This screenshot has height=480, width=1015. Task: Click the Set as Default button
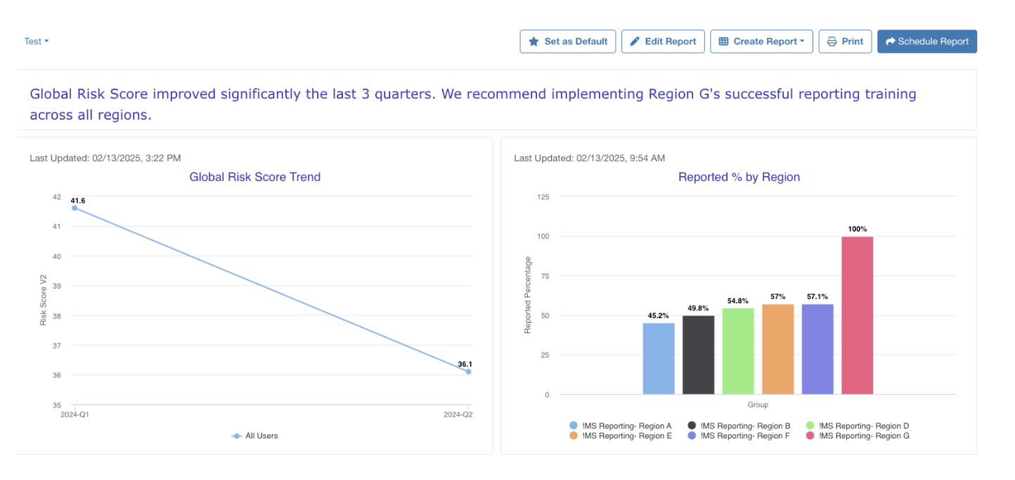(x=568, y=42)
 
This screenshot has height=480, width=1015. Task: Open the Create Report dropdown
(x=761, y=42)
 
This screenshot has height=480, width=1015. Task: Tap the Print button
(x=845, y=42)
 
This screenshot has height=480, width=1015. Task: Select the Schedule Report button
(x=926, y=42)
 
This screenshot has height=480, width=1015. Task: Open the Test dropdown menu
(x=37, y=42)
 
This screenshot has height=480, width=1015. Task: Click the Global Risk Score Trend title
(x=254, y=177)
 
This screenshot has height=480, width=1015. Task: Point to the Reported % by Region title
(x=739, y=177)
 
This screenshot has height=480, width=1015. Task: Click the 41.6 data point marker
(x=75, y=208)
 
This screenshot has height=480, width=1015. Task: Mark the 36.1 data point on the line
(x=468, y=372)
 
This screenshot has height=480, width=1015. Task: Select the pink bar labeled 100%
(x=857, y=315)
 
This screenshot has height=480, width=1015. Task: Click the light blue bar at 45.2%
(x=659, y=359)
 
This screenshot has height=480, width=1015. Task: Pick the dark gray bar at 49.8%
(x=698, y=355)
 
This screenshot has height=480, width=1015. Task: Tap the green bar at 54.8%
(x=738, y=351)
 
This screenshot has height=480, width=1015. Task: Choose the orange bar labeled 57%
(x=777, y=349)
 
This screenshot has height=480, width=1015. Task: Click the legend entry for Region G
(x=857, y=436)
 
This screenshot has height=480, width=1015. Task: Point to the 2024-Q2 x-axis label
(x=458, y=415)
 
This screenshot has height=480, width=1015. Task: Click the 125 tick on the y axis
(x=543, y=197)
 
